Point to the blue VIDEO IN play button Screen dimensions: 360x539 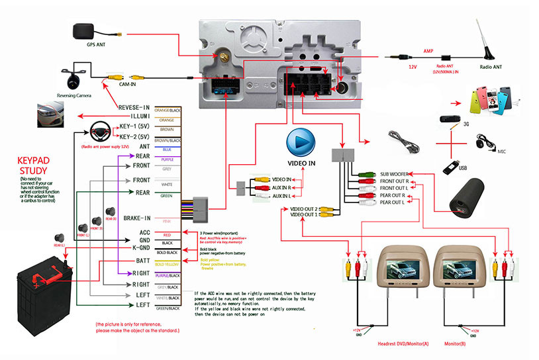point(301,142)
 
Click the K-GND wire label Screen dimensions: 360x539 point(140,247)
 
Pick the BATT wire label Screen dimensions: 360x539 point(140,263)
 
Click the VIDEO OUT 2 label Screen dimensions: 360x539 point(304,208)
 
